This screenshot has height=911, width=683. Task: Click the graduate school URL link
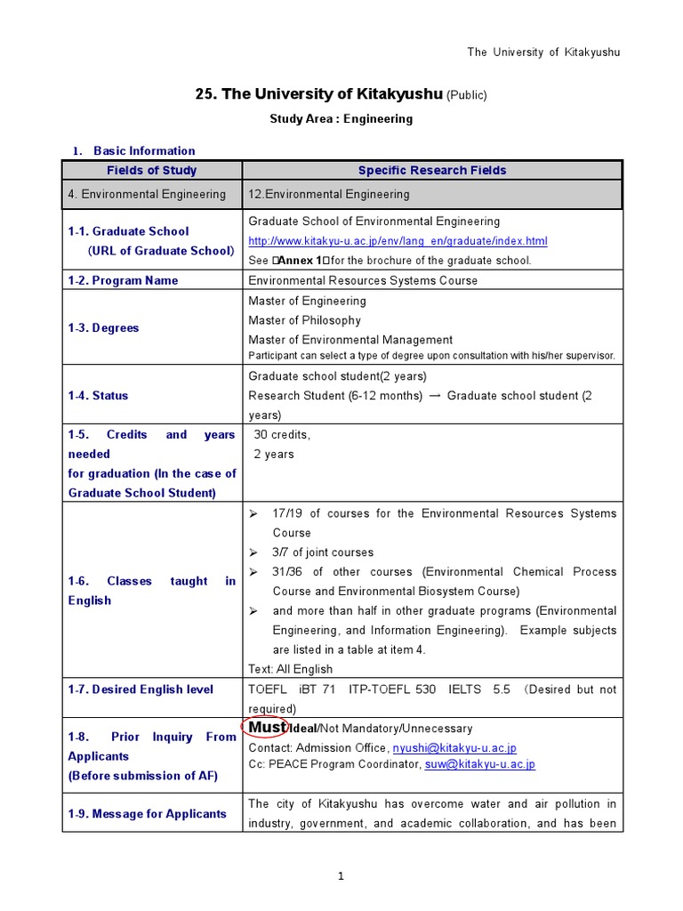pyautogui.click(x=398, y=241)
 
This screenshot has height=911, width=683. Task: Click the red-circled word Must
pyautogui.click(x=265, y=728)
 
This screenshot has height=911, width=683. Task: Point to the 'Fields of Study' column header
pyautogui.click(x=152, y=170)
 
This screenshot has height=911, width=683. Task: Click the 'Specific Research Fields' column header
pyautogui.click(x=432, y=170)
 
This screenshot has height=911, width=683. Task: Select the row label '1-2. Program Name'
pyautogui.click(x=123, y=280)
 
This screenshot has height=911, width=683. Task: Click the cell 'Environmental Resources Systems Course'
pyautogui.click(x=363, y=280)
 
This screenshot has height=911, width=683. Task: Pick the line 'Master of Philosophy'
pyautogui.click(x=304, y=320)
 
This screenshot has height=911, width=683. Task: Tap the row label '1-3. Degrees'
pyautogui.click(x=103, y=328)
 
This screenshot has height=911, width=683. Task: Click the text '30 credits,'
pyautogui.click(x=282, y=435)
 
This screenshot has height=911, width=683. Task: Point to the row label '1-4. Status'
pyautogui.click(x=98, y=396)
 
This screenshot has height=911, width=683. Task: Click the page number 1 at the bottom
pyautogui.click(x=341, y=877)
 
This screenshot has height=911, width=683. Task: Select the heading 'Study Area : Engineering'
pyautogui.click(x=341, y=118)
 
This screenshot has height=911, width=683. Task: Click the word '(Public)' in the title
pyautogui.click(x=467, y=95)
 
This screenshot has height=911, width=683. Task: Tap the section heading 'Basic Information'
pyautogui.click(x=144, y=150)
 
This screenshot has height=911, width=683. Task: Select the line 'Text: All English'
pyautogui.click(x=291, y=669)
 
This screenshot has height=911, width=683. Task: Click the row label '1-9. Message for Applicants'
pyautogui.click(x=148, y=814)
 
